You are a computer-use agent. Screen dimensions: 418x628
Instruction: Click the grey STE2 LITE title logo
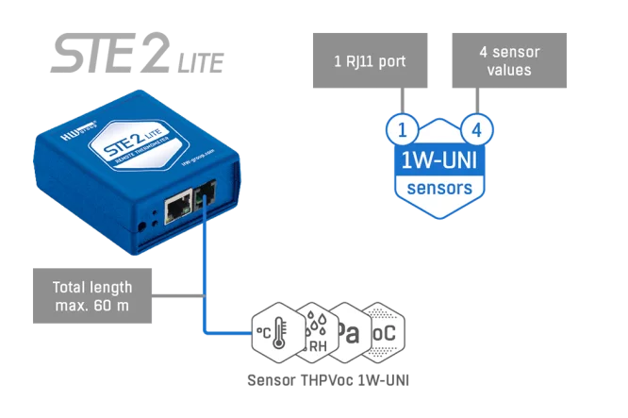(x=137, y=54)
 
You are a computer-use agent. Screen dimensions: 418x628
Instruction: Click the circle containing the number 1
(x=401, y=127)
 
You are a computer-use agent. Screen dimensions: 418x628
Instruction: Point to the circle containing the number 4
(x=476, y=127)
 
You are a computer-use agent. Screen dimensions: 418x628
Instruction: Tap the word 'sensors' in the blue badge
(x=438, y=188)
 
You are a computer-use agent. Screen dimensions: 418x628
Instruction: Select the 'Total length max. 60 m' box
(x=91, y=295)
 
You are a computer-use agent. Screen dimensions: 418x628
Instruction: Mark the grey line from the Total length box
(x=178, y=295)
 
